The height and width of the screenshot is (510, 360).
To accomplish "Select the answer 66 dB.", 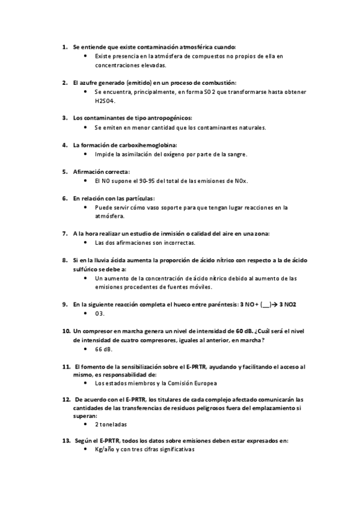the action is [x=103, y=349].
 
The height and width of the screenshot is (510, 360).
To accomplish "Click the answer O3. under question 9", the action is [x=100, y=313].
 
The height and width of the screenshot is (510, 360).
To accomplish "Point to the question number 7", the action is [x=65, y=233].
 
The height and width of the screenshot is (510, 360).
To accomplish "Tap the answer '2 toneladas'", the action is [x=111, y=424].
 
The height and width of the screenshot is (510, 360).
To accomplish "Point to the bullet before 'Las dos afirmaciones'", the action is [x=87, y=242].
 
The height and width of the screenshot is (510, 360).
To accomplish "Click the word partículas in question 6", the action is [x=139, y=198].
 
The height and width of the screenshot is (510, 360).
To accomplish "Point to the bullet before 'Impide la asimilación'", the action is [x=87, y=154].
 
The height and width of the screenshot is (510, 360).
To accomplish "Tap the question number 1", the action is [x=65, y=46].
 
